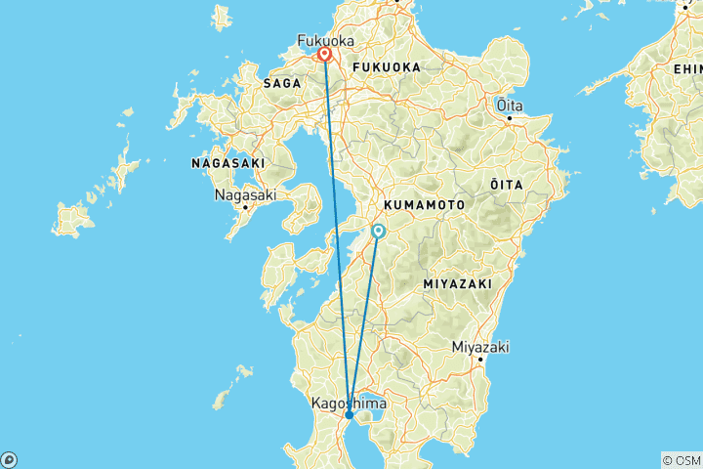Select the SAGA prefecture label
click(281, 84)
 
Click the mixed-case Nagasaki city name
click(245, 194)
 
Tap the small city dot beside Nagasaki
click(245, 207)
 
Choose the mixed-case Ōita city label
click(508, 104)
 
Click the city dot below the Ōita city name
click(509, 118)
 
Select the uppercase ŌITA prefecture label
click(506, 184)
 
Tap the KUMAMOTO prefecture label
click(423, 205)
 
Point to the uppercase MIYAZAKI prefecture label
click(457, 282)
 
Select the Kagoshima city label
click(348, 403)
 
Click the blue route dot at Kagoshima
click(350, 415)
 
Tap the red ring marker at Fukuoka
click(324, 56)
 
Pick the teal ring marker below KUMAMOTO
click(379, 231)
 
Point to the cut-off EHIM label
click(687, 68)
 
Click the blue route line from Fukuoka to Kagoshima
click(337, 234)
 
